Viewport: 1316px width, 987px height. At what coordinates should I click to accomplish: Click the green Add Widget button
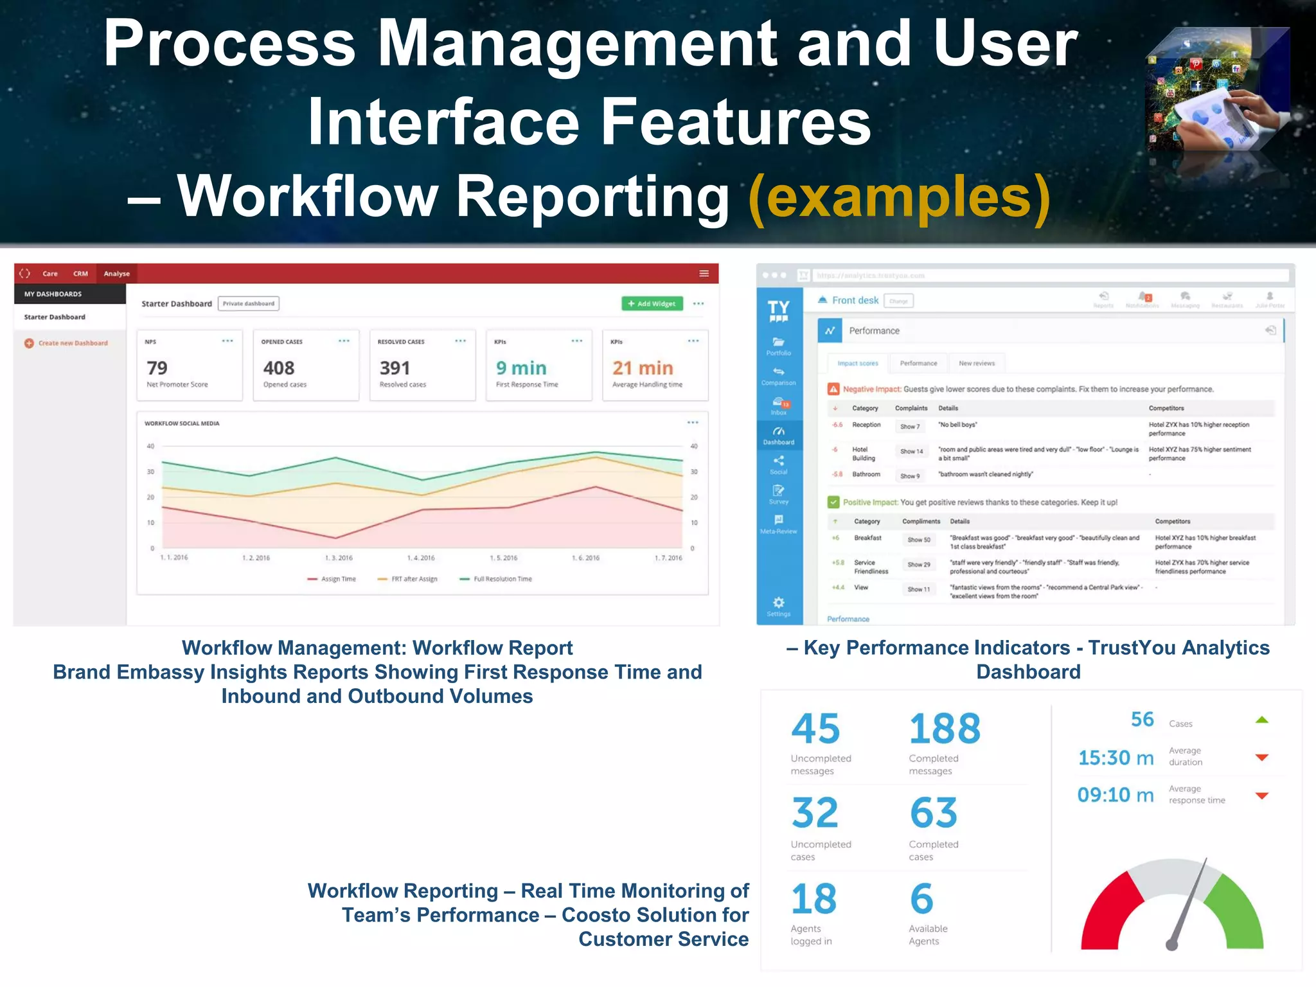(x=652, y=303)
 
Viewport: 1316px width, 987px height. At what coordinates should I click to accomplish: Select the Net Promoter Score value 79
(x=157, y=368)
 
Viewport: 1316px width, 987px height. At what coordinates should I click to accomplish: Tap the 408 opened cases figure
(x=279, y=368)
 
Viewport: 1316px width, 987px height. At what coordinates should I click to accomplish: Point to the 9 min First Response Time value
(x=521, y=368)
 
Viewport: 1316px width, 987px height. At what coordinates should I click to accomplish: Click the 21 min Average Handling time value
(x=643, y=368)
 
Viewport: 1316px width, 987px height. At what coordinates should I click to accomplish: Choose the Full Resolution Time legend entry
(x=496, y=579)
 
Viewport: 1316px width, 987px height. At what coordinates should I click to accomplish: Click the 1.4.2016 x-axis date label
(x=421, y=558)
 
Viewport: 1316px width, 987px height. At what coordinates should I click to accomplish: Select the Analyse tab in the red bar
(x=116, y=274)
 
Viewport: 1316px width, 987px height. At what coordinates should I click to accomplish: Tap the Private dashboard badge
(x=249, y=303)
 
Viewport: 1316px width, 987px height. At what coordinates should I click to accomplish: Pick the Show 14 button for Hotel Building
(x=911, y=452)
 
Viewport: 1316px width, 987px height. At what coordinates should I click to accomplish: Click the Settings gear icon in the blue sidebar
(x=778, y=603)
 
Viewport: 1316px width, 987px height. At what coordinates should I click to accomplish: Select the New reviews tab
(x=976, y=364)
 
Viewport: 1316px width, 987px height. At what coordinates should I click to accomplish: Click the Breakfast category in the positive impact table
(x=867, y=538)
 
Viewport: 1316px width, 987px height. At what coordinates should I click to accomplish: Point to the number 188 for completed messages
(x=945, y=729)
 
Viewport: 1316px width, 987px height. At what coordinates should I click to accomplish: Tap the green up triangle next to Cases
(x=1262, y=720)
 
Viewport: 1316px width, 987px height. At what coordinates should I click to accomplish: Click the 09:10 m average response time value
(x=1116, y=796)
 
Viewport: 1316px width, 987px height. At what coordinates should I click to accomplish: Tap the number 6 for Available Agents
(x=921, y=899)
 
